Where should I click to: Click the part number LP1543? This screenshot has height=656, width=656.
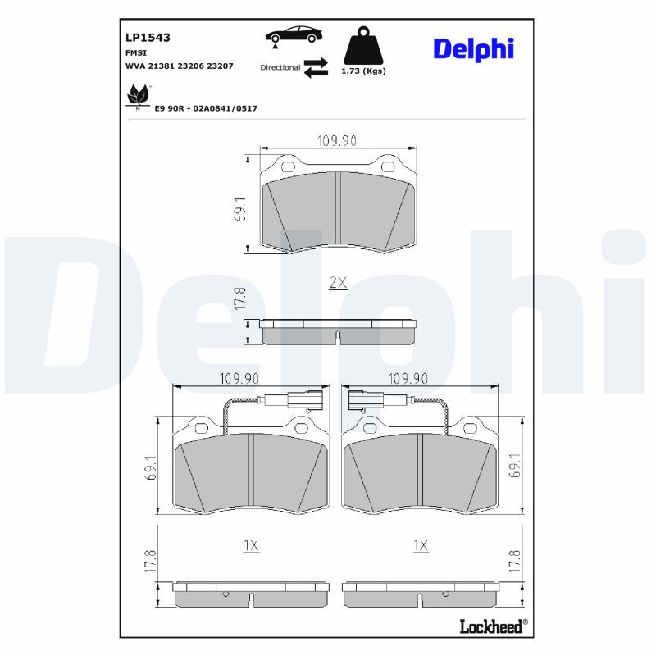(x=148, y=38)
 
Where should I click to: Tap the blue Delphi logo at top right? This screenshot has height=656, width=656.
(x=474, y=49)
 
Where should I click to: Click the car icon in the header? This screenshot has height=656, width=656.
(x=294, y=35)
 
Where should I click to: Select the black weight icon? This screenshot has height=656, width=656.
(x=363, y=45)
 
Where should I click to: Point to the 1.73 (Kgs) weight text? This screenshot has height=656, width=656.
(x=363, y=71)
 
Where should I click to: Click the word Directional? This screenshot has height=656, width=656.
(x=280, y=67)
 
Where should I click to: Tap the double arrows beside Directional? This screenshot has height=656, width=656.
(x=316, y=67)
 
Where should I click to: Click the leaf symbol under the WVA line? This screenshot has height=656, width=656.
(x=138, y=96)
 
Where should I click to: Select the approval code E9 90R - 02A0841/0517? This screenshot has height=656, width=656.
(x=206, y=108)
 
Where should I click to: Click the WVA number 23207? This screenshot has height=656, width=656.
(x=220, y=66)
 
